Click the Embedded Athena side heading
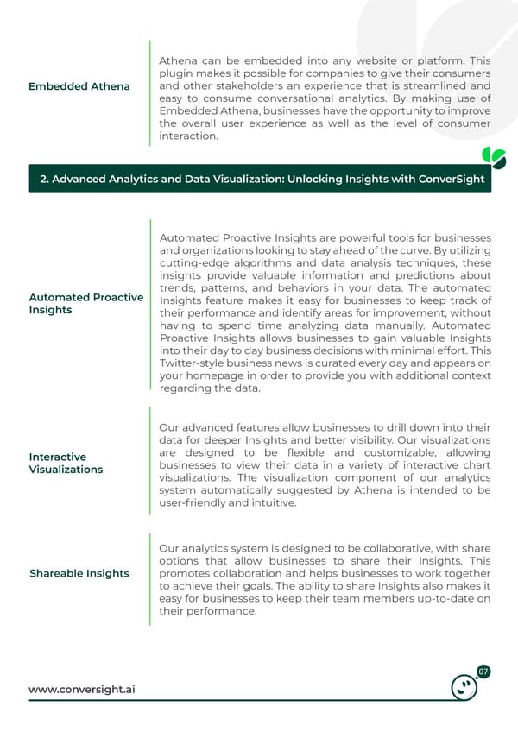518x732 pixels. (79, 86)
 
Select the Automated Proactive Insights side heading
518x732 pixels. (86, 303)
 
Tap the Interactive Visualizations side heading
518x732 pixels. (66, 463)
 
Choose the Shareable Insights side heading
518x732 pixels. (79, 573)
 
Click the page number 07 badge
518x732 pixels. (484, 672)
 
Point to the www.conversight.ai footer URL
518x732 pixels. (81, 689)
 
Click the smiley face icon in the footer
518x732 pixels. (465, 687)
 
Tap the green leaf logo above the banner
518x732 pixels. (494, 158)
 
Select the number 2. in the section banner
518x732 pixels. (46, 179)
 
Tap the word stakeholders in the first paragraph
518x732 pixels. (227, 86)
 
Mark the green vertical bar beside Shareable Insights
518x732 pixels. (150, 579)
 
